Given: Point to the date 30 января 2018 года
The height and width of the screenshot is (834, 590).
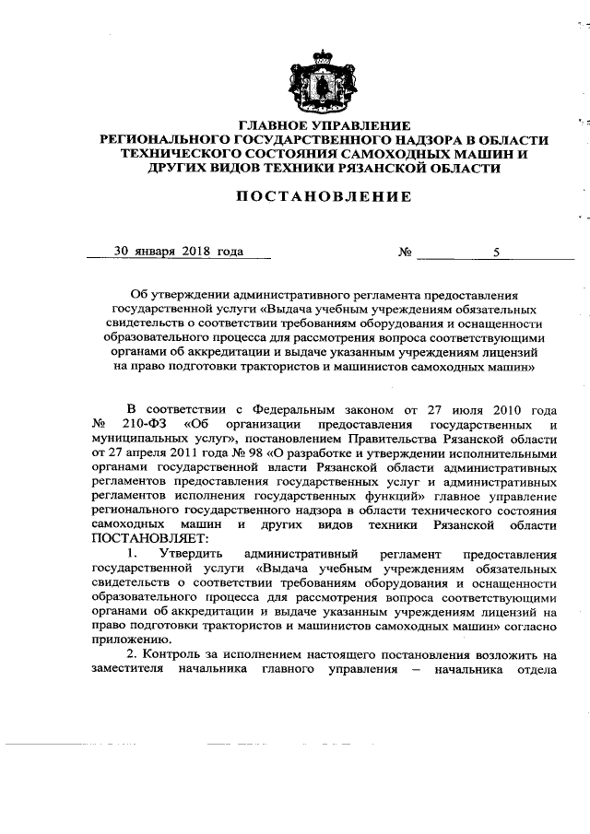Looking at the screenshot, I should [x=178, y=250].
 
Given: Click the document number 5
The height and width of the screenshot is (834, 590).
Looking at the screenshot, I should [x=496, y=250].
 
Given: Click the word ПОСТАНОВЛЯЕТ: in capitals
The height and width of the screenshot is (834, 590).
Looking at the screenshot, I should [x=150, y=538].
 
